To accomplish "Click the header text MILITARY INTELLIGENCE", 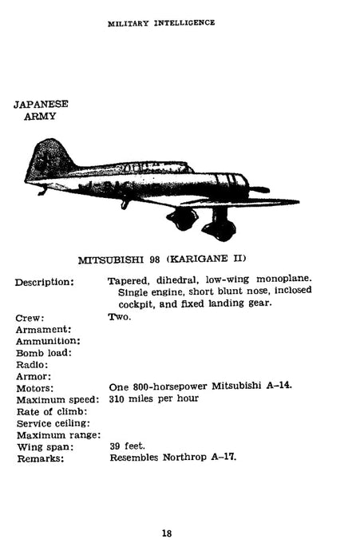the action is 160,23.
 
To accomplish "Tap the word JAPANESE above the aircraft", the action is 41,104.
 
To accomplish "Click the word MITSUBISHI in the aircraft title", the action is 113,259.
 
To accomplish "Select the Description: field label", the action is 45,282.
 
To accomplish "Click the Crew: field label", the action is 30,317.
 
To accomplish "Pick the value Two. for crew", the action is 120,317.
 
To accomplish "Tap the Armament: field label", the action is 43,329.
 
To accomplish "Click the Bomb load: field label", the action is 43,352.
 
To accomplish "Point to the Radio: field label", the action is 34,364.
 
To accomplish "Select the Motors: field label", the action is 36,387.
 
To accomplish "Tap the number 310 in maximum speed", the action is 118,398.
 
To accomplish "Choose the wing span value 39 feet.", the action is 127,446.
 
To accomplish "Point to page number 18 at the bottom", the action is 166,533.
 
